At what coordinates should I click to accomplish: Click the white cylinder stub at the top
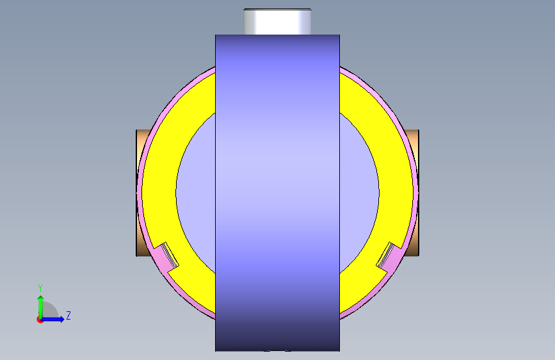pyautogui.click(x=278, y=22)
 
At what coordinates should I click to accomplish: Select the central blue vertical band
pyautogui.click(x=278, y=193)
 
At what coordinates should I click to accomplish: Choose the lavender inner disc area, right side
pyautogui.click(x=359, y=193)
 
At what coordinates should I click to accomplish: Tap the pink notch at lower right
pyautogui.click(x=389, y=257)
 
